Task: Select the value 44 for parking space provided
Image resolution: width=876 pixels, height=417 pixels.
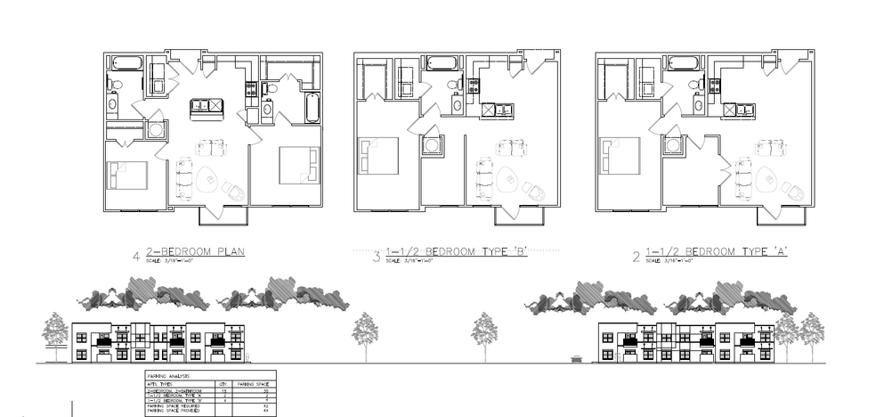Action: point(266,411)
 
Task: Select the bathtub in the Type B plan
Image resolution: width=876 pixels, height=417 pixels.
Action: point(442,63)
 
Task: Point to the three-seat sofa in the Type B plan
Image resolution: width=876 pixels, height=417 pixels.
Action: point(484,179)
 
